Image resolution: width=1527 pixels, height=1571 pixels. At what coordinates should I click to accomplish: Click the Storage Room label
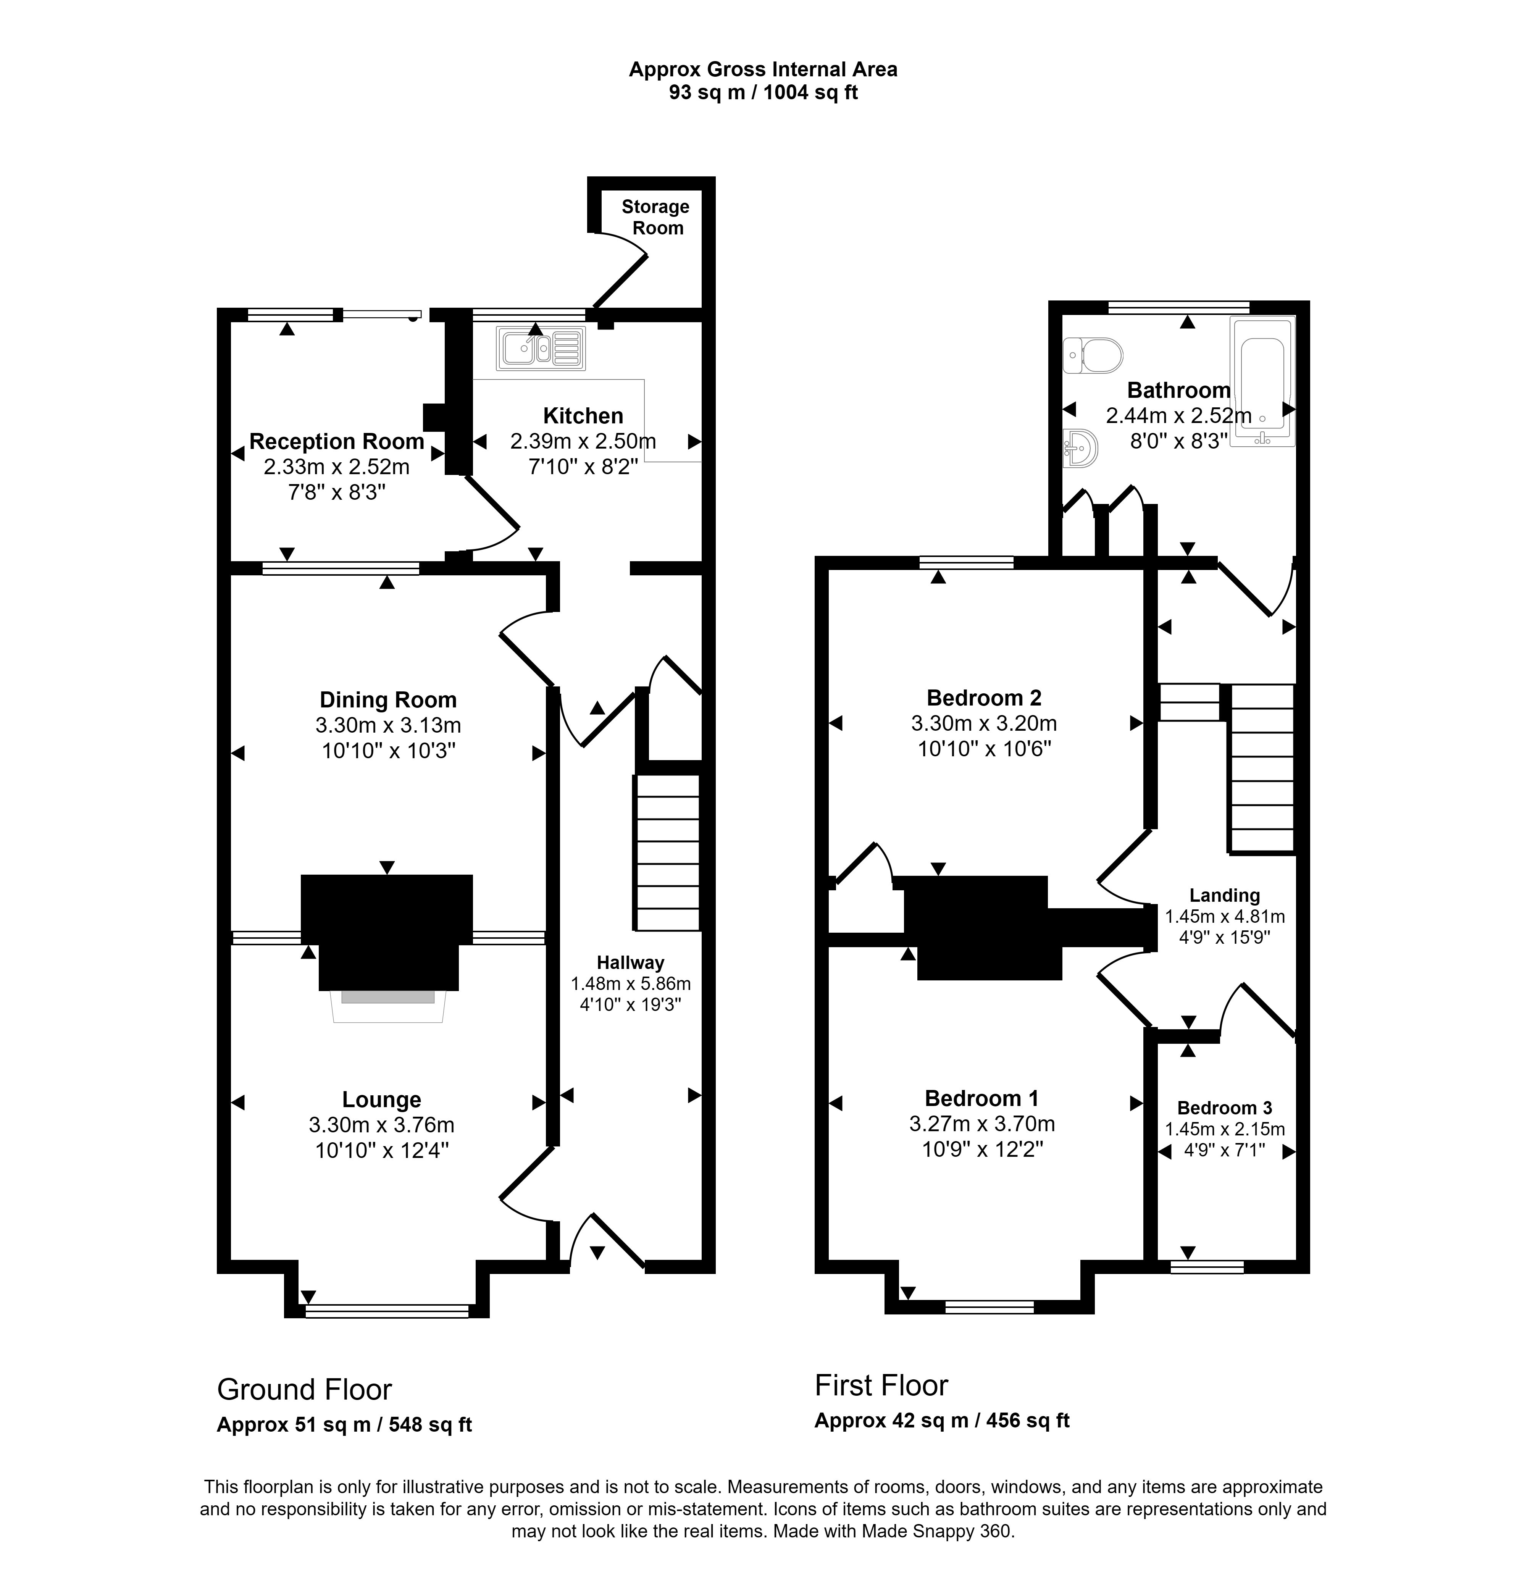(x=656, y=217)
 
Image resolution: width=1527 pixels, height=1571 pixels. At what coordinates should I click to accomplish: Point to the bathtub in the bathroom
(x=1262, y=381)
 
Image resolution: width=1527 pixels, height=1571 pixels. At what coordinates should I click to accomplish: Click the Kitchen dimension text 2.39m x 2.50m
(x=583, y=441)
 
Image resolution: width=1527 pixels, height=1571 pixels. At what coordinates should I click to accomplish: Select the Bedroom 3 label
(x=1225, y=1108)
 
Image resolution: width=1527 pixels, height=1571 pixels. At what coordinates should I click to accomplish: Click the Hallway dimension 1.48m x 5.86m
(x=630, y=983)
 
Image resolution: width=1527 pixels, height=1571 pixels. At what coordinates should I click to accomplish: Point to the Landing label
(x=1225, y=896)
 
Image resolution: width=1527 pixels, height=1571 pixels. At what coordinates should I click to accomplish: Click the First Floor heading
(x=881, y=1385)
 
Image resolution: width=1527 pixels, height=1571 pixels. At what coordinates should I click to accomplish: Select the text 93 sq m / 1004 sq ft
(x=763, y=92)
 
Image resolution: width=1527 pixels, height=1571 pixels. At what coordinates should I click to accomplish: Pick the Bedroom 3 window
(x=1207, y=1267)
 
